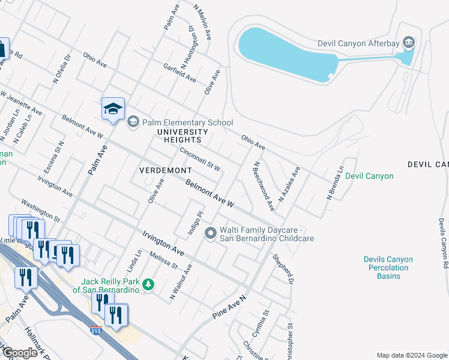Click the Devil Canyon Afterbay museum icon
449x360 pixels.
[x=409, y=43]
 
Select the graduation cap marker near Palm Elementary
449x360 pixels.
[x=113, y=109]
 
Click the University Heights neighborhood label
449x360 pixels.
[x=182, y=136]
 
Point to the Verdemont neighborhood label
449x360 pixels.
[x=165, y=170]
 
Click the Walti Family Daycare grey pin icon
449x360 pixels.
[x=210, y=233]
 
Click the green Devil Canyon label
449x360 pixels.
[x=369, y=176]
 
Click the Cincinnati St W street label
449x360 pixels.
[x=200, y=159]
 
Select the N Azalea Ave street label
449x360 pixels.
[x=289, y=184]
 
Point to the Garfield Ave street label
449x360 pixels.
[x=179, y=74]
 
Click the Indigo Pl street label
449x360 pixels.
[x=200, y=223]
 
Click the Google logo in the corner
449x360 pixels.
[x=20, y=353]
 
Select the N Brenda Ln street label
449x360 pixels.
[x=335, y=182]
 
